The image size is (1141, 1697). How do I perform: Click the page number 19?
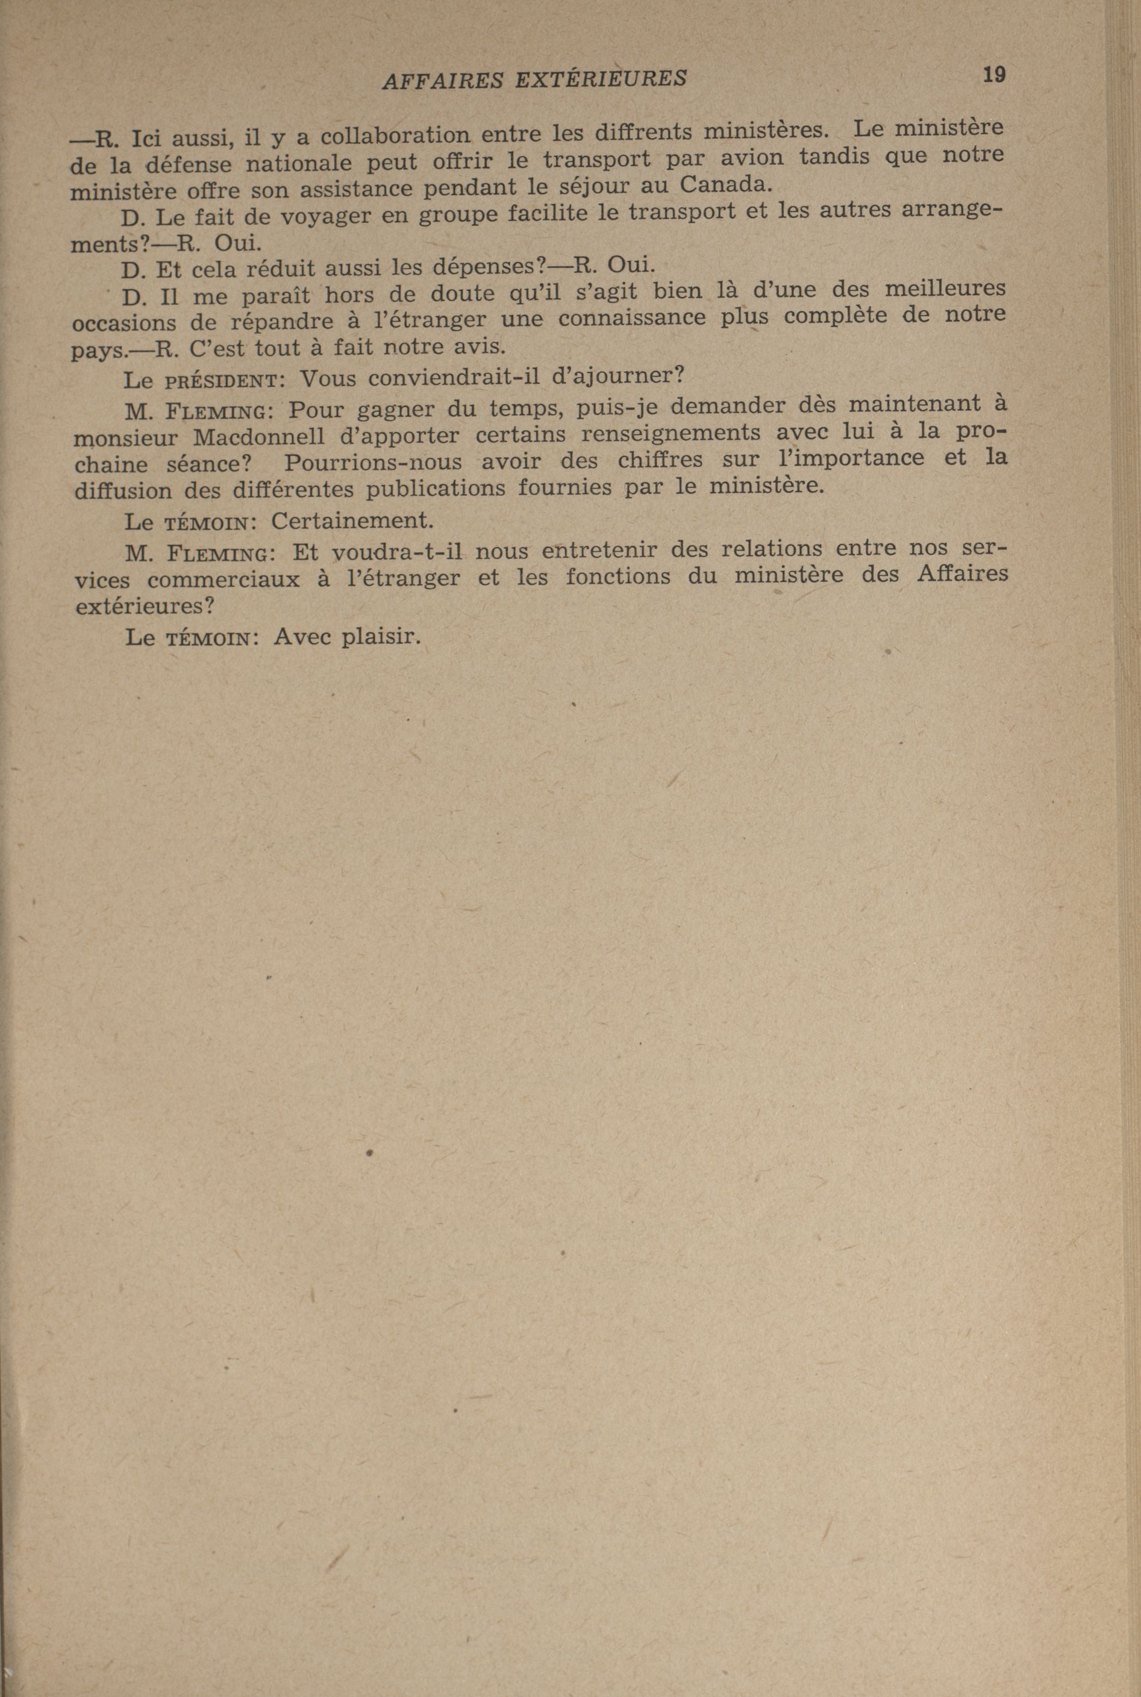pos(993,74)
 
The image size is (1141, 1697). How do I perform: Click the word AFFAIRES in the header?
pos(442,80)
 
